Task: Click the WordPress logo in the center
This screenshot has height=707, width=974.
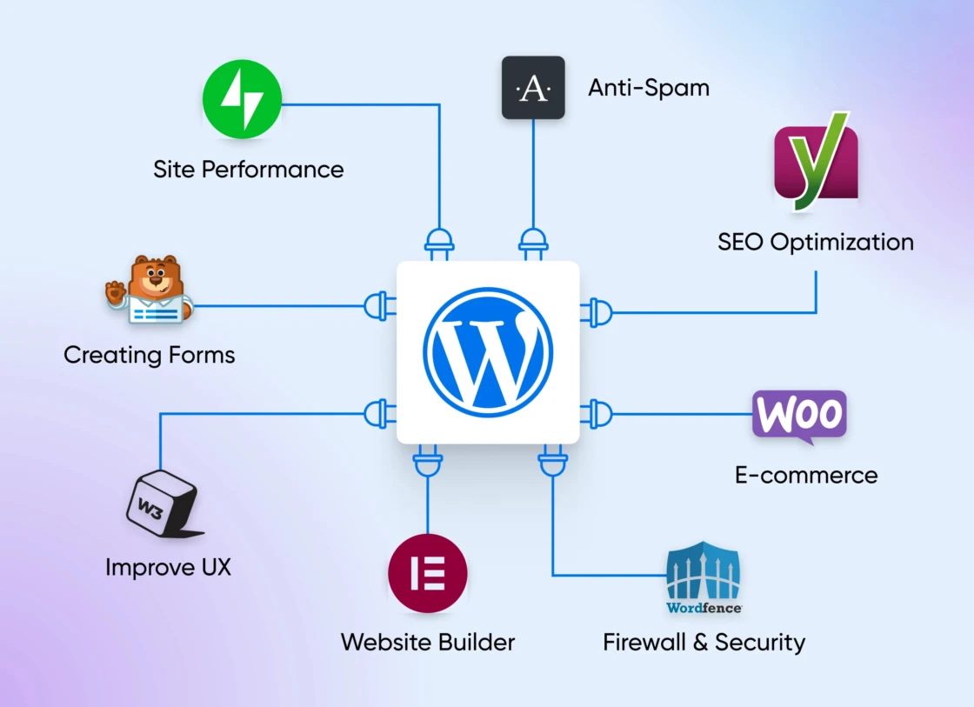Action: point(488,352)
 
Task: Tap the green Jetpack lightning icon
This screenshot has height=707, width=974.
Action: point(243,99)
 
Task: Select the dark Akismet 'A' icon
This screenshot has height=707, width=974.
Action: point(534,88)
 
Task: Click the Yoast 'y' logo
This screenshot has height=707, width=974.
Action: point(817,161)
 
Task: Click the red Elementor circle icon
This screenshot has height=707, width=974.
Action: point(428,573)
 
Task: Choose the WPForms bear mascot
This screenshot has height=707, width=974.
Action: point(150,290)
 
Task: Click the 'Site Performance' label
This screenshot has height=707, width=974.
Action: point(249,169)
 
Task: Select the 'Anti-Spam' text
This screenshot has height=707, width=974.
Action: point(649,88)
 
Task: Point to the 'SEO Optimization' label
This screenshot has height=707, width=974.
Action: point(816,242)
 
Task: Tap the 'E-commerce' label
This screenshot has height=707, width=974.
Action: point(806,476)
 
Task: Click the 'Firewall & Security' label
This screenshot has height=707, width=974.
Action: point(704,642)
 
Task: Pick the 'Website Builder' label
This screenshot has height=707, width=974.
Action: point(428,642)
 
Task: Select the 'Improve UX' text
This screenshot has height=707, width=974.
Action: point(168,567)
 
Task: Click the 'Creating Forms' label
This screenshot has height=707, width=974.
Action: point(149,355)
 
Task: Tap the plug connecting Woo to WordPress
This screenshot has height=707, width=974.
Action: point(597,414)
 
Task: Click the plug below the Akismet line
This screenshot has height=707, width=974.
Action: point(534,244)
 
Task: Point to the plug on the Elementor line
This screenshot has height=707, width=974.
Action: point(428,461)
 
